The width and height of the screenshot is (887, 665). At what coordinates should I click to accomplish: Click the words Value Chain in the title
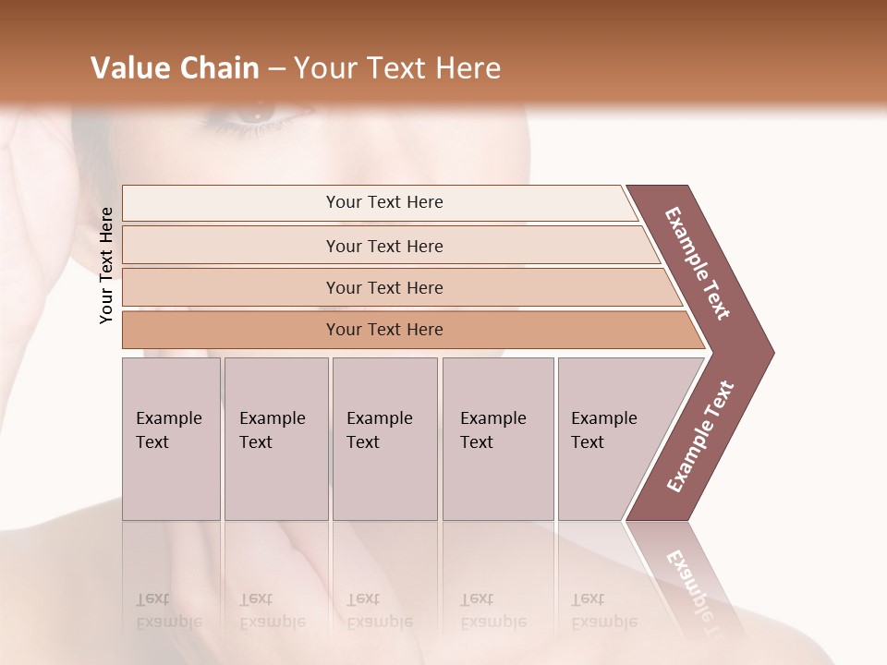pyautogui.click(x=175, y=68)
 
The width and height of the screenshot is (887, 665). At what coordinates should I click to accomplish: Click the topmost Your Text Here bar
pyautogui.click(x=383, y=202)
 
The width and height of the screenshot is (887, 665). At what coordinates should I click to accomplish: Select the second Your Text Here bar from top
pyautogui.click(x=383, y=246)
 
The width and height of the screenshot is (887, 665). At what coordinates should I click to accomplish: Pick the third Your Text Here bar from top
pyautogui.click(x=383, y=287)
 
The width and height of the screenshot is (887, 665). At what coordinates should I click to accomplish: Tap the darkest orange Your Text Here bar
pyautogui.click(x=383, y=330)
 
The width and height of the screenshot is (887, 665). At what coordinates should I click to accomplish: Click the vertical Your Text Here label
pyautogui.click(x=107, y=265)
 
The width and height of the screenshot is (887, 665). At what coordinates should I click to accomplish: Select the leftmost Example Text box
pyautogui.click(x=170, y=438)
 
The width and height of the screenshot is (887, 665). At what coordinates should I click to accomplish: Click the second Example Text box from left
pyautogui.click(x=274, y=438)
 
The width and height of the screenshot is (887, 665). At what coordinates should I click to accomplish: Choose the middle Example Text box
pyautogui.click(x=383, y=438)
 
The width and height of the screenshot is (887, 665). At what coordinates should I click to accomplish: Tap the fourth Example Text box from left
pyautogui.click(x=497, y=438)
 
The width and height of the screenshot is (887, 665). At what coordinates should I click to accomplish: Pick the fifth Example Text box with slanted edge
pyautogui.click(x=610, y=438)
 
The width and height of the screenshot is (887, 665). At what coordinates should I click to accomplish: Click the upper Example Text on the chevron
pyautogui.click(x=698, y=264)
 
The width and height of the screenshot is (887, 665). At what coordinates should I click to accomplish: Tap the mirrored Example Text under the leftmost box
pyautogui.click(x=168, y=611)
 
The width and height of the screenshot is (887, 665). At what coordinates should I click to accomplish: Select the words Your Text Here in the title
pyautogui.click(x=397, y=68)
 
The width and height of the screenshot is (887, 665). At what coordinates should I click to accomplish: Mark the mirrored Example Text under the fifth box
pyautogui.click(x=603, y=611)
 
